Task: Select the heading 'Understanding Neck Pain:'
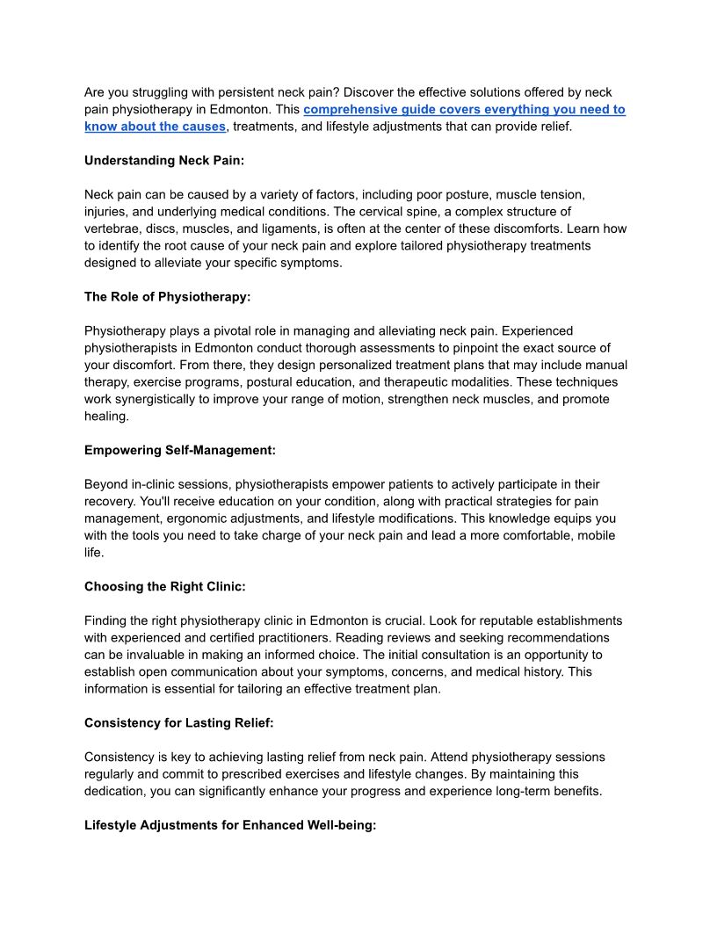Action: click(x=163, y=161)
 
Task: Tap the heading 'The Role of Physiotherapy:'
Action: click(x=167, y=297)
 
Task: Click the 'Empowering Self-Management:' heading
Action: click(x=180, y=450)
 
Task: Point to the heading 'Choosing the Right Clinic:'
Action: click(x=163, y=586)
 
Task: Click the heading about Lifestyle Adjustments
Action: click(x=230, y=825)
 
